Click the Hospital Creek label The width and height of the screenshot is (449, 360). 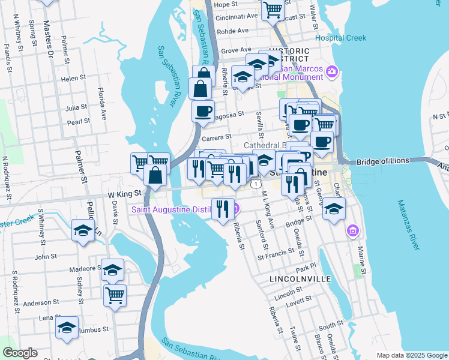[x=340, y=38]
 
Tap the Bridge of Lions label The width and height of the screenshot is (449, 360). [x=382, y=161]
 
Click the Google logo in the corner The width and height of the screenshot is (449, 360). [x=20, y=353]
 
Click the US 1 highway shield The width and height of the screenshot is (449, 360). [x=256, y=184]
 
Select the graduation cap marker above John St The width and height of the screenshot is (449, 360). [x=83, y=230]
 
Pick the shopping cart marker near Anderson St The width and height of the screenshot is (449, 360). [x=115, y=294]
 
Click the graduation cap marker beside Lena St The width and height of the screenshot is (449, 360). [x=67, y=327]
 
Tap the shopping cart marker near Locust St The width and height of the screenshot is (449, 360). [x=273, y=9]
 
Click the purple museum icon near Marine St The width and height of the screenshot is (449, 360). [x=352, y=230]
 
